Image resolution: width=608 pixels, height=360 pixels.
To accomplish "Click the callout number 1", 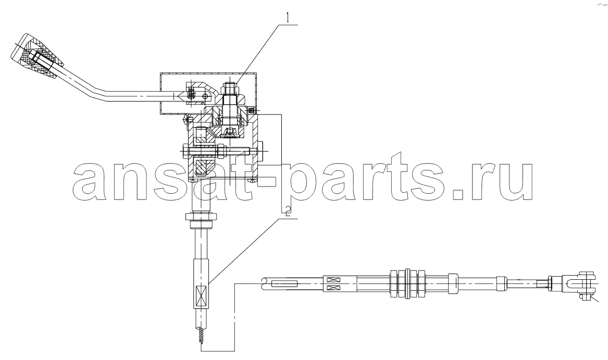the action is [288, 18].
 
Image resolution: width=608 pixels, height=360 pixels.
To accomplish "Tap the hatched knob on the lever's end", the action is [37, 57].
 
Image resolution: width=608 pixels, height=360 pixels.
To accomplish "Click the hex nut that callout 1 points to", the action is [230, 91].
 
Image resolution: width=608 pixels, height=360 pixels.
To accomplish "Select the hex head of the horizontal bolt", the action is [184, 150].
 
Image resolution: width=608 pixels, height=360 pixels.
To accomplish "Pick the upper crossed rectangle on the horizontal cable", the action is [333, 279].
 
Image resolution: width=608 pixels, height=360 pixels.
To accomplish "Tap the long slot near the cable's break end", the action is [285, 284].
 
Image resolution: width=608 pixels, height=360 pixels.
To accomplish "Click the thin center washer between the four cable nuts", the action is [407, 284].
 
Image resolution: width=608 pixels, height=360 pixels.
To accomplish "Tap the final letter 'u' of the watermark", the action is [516, 182].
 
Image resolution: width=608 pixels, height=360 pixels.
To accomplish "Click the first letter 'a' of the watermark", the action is [89, 182].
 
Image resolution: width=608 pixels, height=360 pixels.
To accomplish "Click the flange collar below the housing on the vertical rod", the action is [201, 216].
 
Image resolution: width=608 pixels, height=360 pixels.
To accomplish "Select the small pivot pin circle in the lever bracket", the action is [210, 94].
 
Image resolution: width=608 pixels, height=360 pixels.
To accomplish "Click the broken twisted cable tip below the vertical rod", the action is [201, 336].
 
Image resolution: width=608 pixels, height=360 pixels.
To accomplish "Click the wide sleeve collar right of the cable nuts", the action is [453, 283].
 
